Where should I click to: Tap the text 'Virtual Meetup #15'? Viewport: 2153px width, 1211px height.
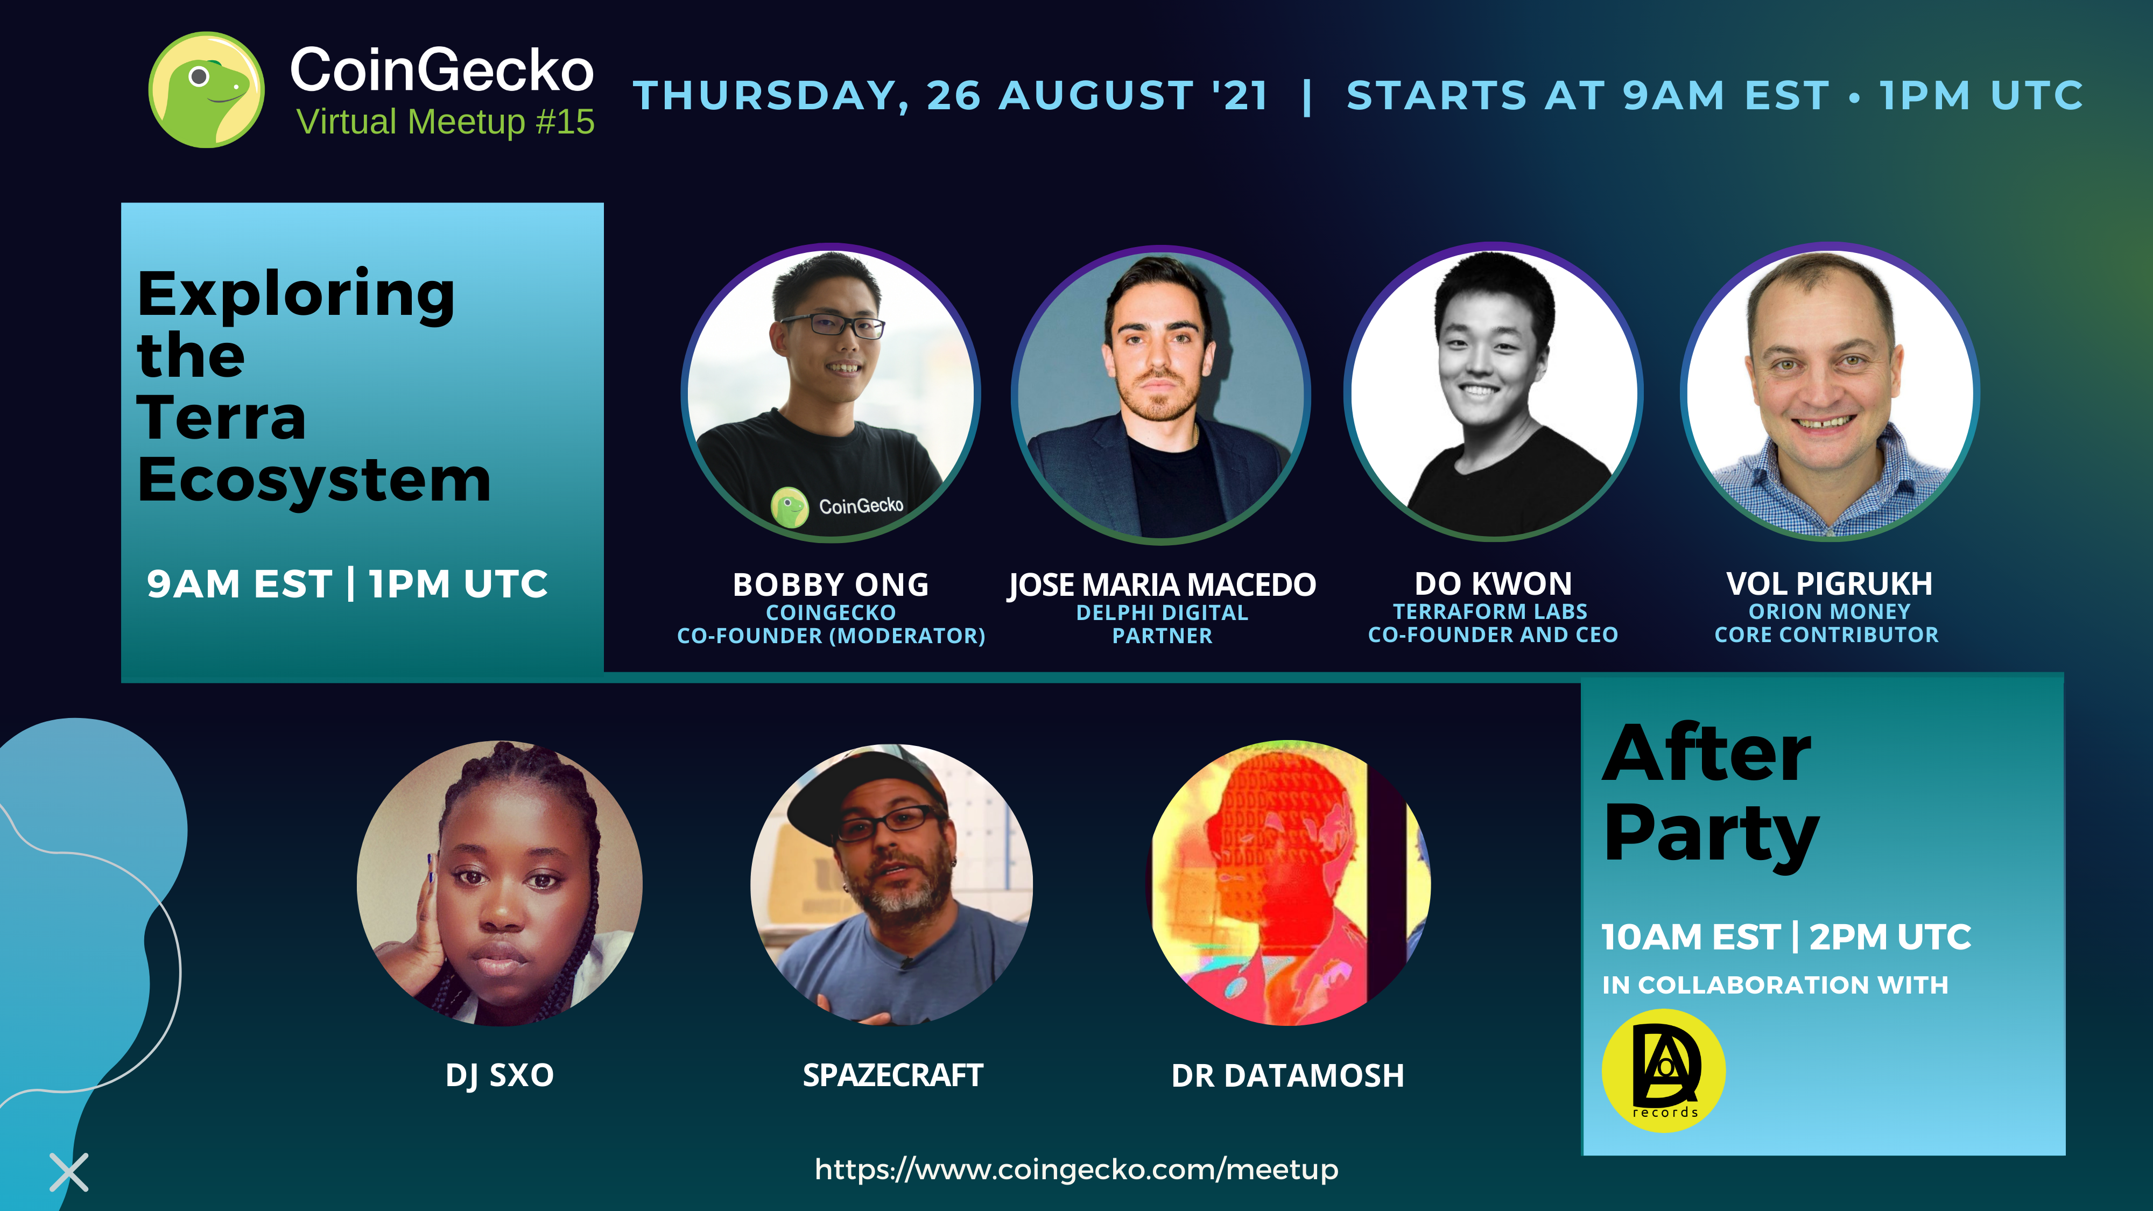click(x=446, y=122)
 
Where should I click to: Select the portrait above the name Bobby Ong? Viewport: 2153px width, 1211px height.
click(x=831, y=393)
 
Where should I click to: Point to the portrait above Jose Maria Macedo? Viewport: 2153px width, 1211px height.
click(x=1161, y=395)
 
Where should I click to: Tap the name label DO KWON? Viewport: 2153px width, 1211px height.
click(x=1493, y=583)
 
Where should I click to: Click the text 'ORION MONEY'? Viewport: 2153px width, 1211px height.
click(x=1830, y=612)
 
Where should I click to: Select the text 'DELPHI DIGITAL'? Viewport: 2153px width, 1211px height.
click(x=1162, y=612)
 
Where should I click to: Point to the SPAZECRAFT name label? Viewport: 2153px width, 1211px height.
click(x=892, y=1075)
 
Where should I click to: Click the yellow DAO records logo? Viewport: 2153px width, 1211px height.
click(x=1663, y=1071)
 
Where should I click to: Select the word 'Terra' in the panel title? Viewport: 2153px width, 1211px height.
click(x=221, y=417)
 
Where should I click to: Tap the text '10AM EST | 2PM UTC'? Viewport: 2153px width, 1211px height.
click(x=1786, y=937)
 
